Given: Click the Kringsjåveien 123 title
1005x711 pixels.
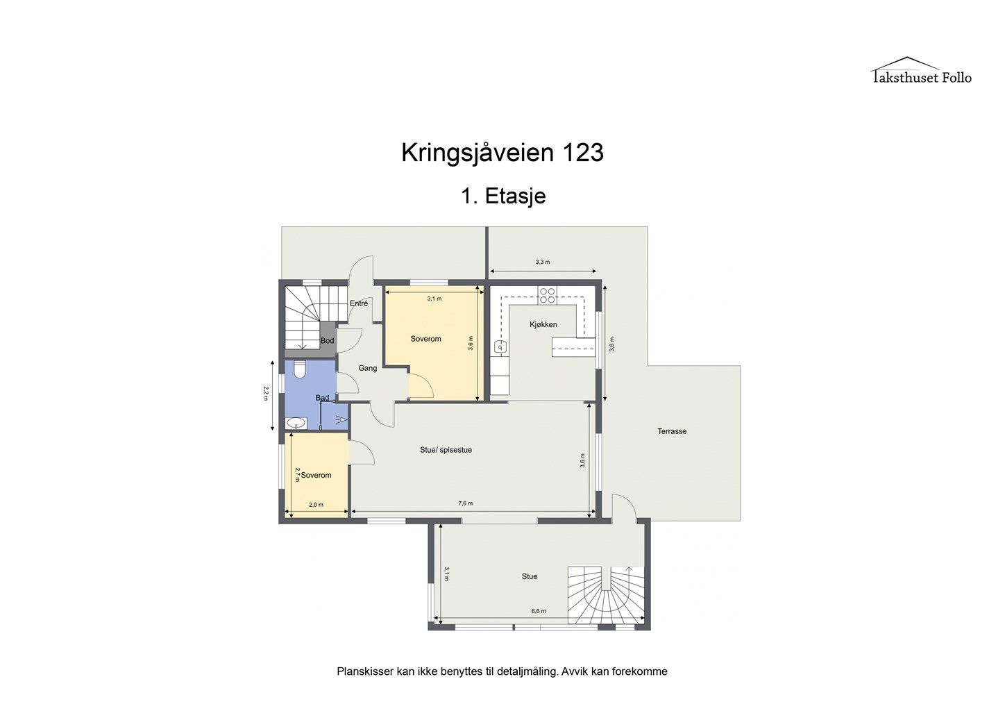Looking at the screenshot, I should click(x=502, y=153).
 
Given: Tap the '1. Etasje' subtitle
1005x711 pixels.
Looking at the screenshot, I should click(x=503, y=196).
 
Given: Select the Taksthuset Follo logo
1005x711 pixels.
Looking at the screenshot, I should click(x=921, y=72).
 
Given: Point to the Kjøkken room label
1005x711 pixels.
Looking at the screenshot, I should click(x=543, y=325).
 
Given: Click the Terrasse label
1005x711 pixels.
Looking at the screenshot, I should click(x=672, y=431).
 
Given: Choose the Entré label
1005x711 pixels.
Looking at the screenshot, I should click(x=358, y=303).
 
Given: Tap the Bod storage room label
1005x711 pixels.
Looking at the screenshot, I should click(x=327, y=341).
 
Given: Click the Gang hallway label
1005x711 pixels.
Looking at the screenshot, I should click(x=367, y=368).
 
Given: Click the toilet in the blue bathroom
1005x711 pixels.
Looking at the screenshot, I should click(x=300, y=369).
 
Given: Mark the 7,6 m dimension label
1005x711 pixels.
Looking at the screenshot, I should click(x=465, y=503).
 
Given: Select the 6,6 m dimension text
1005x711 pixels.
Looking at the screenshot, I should click(x=539, y=611).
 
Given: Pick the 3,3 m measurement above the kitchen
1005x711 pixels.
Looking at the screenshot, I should click(x=543, y=262).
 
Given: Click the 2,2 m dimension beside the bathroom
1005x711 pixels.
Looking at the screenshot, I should click(x=266, y=394).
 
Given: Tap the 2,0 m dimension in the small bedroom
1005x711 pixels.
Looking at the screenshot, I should click(x=316, y=505).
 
